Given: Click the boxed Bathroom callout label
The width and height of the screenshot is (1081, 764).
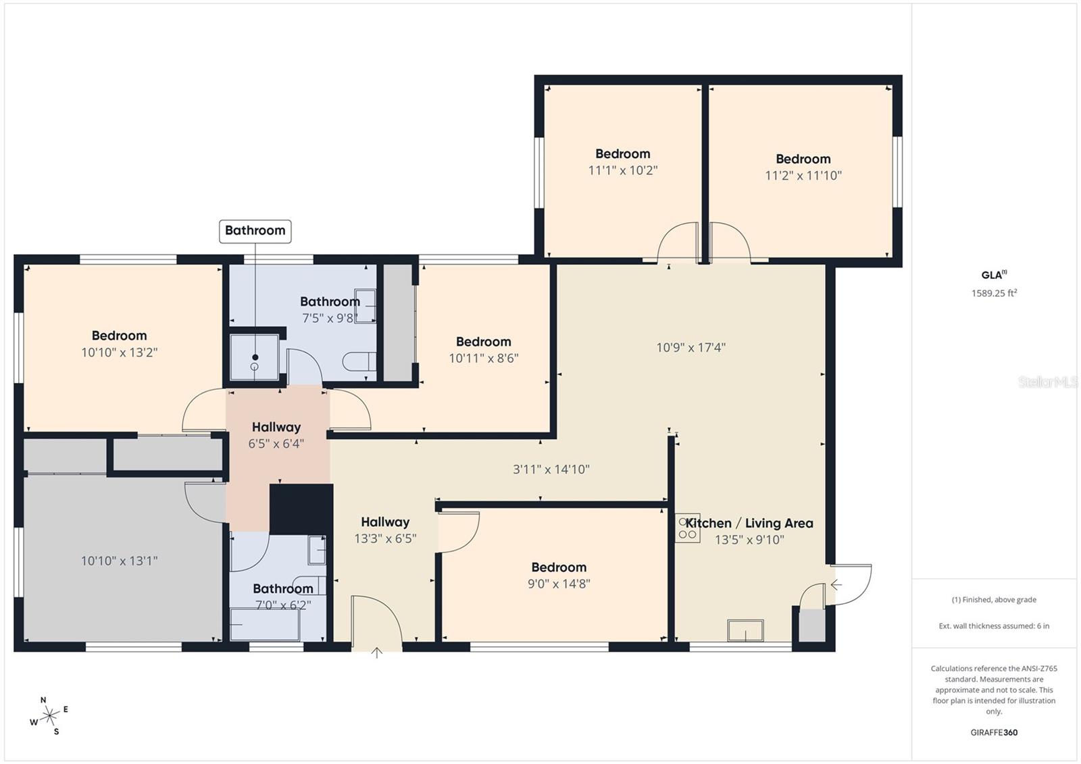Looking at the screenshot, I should coord(255,230).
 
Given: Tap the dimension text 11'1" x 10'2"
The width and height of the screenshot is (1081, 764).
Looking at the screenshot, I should coord(622,170).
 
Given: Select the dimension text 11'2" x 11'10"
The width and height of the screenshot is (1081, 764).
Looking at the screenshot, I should coord(803,176).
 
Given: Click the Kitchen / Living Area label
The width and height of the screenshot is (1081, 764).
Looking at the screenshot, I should coord(749,523).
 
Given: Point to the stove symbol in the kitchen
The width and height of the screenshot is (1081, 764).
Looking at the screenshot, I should coord(688,528).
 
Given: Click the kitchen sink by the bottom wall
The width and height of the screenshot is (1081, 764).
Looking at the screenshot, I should coord(745,630).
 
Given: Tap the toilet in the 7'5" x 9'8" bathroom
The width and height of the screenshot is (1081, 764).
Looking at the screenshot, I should coord(359,362).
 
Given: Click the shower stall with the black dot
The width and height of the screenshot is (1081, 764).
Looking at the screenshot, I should coord(254,358).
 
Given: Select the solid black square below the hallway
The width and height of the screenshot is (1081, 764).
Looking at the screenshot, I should coord(301,508).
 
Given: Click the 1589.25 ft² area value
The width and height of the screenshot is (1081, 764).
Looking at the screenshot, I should coord(994,293).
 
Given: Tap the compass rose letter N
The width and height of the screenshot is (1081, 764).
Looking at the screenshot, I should coord(43,700).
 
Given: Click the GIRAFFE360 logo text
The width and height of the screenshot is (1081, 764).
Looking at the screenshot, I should coord(994,732).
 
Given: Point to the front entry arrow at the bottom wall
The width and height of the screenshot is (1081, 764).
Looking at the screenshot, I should coord(377,652).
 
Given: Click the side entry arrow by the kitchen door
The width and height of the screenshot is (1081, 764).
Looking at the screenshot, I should coord(836,584).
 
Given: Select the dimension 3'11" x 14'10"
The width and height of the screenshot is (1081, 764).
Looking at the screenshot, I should coord(551,469).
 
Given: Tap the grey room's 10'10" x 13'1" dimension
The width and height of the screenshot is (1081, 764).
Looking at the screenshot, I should coord(119,561).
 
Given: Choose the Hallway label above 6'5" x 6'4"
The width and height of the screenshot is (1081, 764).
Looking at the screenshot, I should coord(276,427).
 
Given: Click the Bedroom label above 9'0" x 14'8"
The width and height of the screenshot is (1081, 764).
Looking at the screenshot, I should coord(558,567).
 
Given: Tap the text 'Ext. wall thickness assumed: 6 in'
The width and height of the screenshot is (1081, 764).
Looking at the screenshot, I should coord(994,626).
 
